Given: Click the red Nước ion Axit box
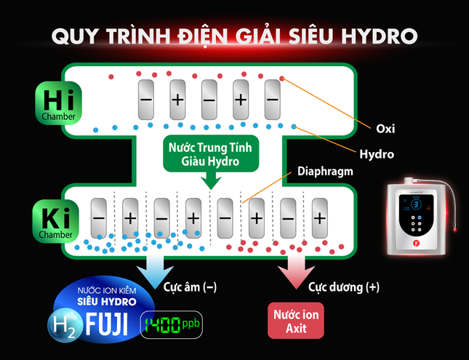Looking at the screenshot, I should coord(295,321).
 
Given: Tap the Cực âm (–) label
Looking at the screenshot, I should coord(190,287).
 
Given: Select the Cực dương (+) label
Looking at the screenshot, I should coord(344,287).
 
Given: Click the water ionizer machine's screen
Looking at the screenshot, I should coord(416,207).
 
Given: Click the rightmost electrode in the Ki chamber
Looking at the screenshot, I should coord(319,217).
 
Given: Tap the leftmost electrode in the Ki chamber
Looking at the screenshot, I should coord(99,217).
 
